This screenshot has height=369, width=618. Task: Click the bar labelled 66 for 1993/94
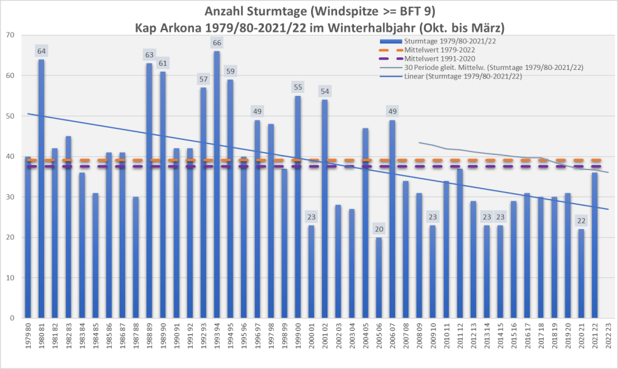click(x=216, y=181)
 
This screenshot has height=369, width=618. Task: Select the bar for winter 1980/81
click(x=41, y=187)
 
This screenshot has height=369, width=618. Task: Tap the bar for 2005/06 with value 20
click(x=378, y=277)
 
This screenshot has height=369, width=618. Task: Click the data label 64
click(x=41, y=51)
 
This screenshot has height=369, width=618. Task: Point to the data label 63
click(x=149, y=55)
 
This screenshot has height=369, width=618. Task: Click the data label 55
click(x=297, y=87)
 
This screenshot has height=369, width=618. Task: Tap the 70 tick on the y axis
click(x=10, y=35)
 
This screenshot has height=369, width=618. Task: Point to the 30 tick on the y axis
click(x=10, y=197)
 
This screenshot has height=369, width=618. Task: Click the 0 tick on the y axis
click(x=12, y=318)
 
